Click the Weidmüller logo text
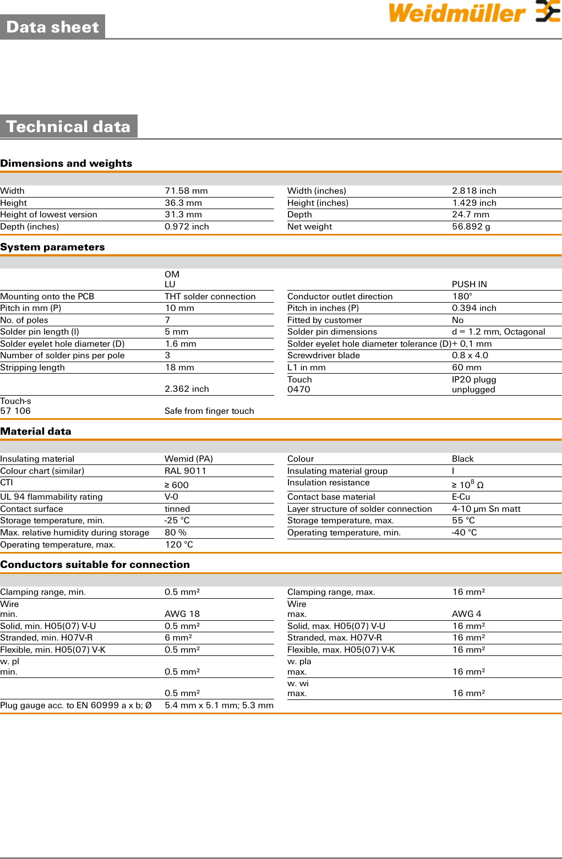pyautogui.click(x=457, y=13)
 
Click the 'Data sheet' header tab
pyautogui.click(x=52, y=27)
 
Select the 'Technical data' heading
pyautogui.click(x=68, y=127)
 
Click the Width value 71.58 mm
pyautogui.click(x=186, y=191)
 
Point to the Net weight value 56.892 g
pyautogui.click(x=471, y=227)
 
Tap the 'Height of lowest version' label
pyautogui.click(x=48, y=215)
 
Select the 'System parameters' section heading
pyautogui.click(x=52, y=247)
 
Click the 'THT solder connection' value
pyautogui.click(x=210, y=297)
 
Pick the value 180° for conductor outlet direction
pyautogui.click(x=462, y=297)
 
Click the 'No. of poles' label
pyautogui.click(x=24, y=320)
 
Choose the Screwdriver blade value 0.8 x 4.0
pyautogui.click(x=470, y=355)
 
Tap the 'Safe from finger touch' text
pyautogui.click(x=209, y=411)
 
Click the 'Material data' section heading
pyautogui.click(x=36, y=431)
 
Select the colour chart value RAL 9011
pyautogui.click(x=185, y=471)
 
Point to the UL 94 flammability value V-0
pyautogui.click(x=171, y=497)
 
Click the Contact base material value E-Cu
pyautogui.click(x=461, y=497)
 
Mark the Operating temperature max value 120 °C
pyautogui.click(x=179, y=545)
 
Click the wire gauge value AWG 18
pyautogui.click(x=182, y=614)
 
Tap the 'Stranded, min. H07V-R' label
pyautogui.click(x=46, y=638)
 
